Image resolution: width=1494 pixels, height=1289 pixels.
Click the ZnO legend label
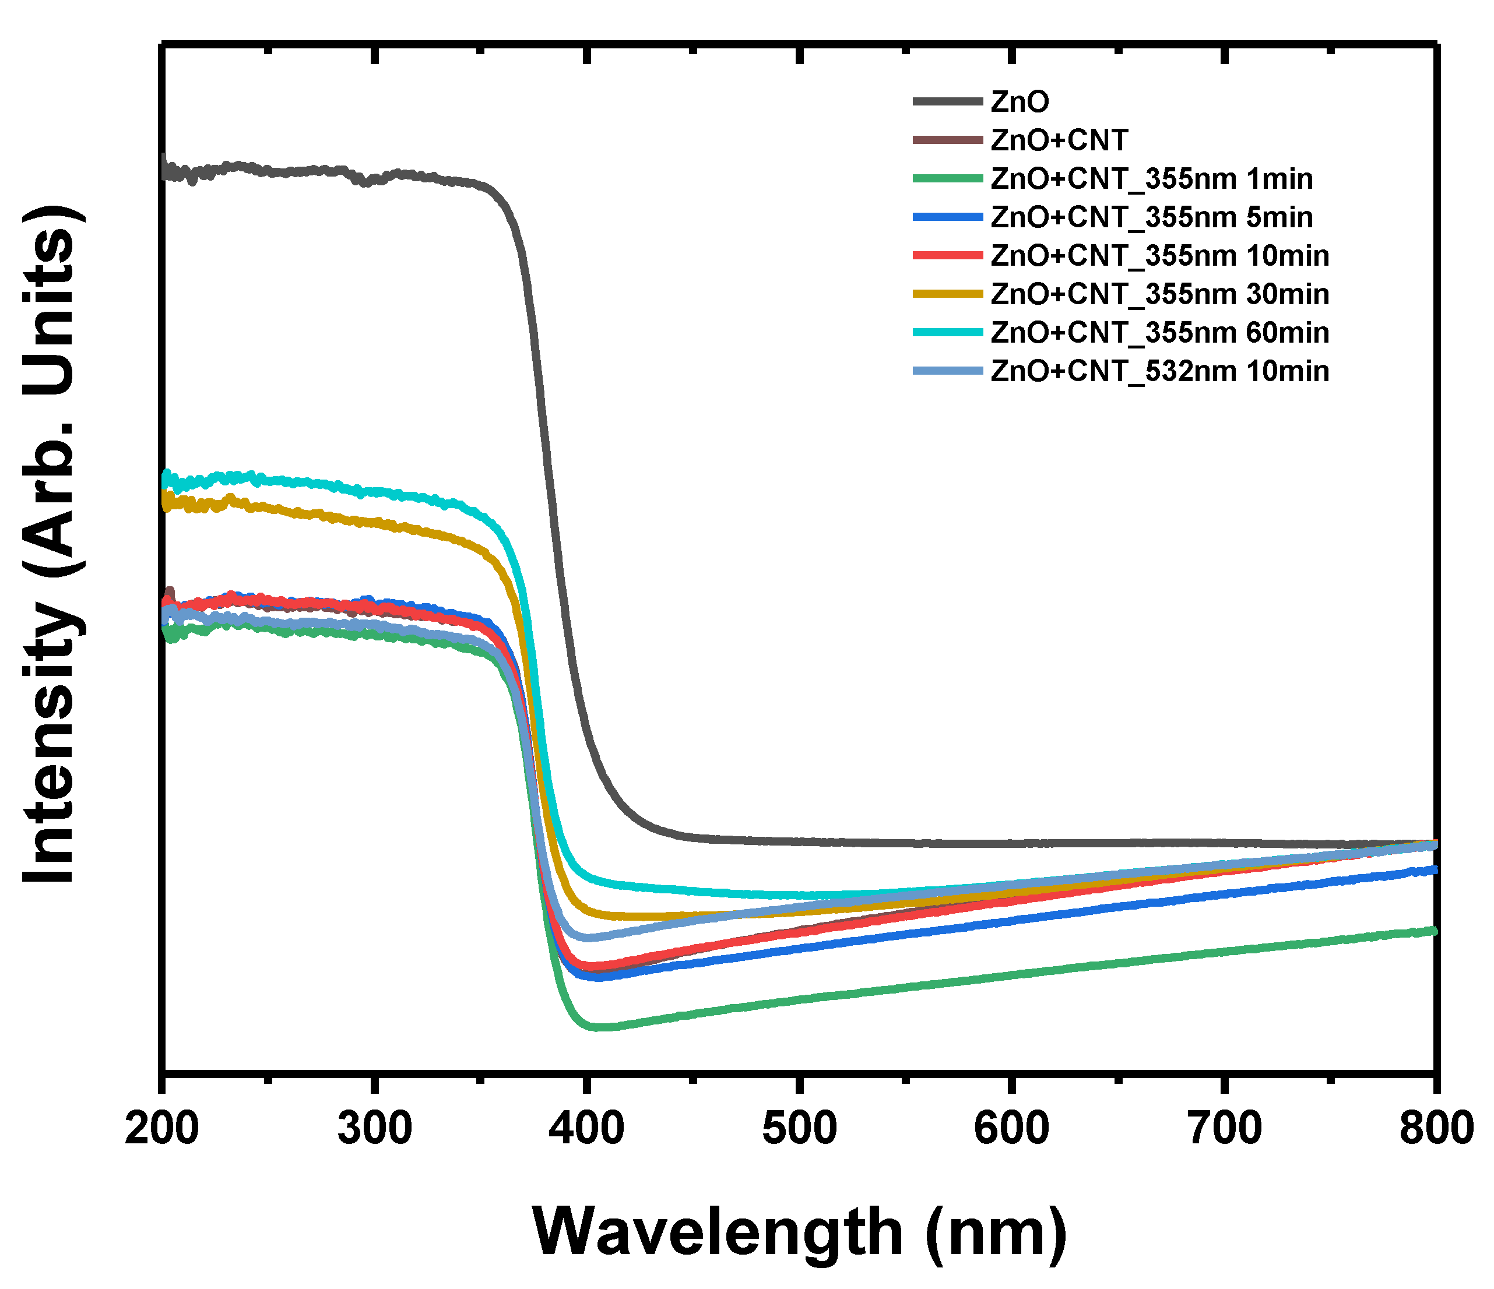coord(1019,101)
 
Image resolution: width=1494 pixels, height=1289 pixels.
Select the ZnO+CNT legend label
coord(1059,140)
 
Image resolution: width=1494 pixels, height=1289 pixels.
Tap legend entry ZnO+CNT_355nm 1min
coord(1151,179)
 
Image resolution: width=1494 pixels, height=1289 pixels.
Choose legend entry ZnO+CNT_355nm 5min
coord(1151,217)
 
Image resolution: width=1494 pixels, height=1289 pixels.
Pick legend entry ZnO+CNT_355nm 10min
coord(1159,255)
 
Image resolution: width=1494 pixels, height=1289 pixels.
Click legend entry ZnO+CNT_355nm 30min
coord(1159,294)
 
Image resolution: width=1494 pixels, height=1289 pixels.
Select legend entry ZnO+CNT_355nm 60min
coord(1159,332)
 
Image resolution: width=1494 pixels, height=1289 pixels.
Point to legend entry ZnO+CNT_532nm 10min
coord(1159,371)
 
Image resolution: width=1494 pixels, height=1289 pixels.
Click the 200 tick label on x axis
coord(161,1128)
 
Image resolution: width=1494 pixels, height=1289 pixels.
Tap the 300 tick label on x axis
coord(374,1128)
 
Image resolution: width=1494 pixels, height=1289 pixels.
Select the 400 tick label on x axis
coord(587,1128)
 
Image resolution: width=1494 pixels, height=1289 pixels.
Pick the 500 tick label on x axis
coord(799,1128)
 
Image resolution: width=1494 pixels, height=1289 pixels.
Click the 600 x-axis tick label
coord(1011,1128)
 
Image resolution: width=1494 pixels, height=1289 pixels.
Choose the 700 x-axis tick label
coord(1224,1128)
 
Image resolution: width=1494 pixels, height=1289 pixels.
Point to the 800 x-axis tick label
coord(1435,1128)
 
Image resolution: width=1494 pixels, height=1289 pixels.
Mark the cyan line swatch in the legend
coord(947,332)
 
